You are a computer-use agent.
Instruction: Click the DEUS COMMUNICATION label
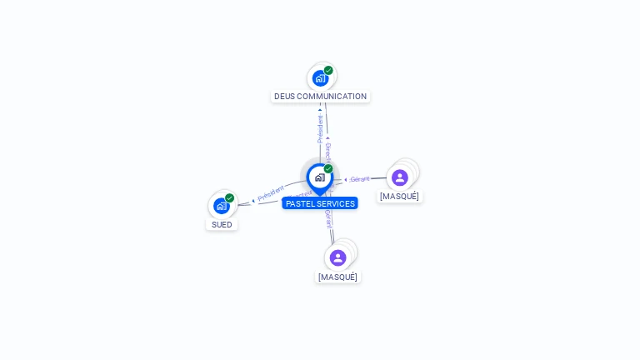click(320, 96)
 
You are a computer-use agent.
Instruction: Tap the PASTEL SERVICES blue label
click(320, 203)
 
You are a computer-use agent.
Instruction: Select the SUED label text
click(222, 224)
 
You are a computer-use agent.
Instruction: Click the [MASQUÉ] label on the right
click(399, 197)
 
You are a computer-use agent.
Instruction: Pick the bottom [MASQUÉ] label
click(337, 277)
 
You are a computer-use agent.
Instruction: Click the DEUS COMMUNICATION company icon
click(320, 78)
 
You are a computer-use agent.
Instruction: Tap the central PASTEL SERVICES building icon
click(319, 177)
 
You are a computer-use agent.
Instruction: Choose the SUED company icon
click(221, 206)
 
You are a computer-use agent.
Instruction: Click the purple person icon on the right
click(400, 177)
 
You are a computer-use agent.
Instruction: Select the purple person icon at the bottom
click(337, 257)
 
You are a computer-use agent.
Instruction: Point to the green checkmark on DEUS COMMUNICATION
click(328, 71)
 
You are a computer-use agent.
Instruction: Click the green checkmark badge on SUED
click(229, 198)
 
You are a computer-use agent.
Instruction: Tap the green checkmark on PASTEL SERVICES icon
click(328, 169)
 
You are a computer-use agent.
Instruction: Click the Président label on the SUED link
click(271, 193)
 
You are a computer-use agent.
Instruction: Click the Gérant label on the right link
click(360, 179)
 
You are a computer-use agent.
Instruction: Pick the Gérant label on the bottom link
click(328, 219)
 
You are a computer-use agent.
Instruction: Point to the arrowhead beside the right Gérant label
click(346, 179)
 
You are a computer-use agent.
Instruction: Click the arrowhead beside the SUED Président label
click(253, 201)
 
